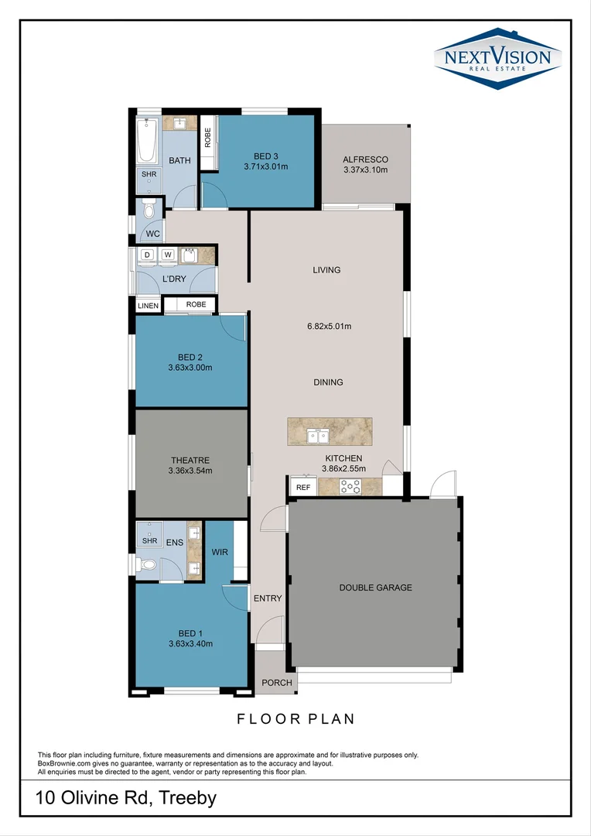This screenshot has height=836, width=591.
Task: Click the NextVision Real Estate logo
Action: tap(497, 59)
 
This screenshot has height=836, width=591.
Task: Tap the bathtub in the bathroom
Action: tap(147, 141)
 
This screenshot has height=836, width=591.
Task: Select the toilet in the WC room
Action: tap(149, 210)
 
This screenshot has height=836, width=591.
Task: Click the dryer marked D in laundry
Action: tap(147, 256)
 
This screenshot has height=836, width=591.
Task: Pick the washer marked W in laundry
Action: tap(168, 256)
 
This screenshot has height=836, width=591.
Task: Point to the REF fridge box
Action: tap(303, 487)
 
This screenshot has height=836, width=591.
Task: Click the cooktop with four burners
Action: tap(350, 486)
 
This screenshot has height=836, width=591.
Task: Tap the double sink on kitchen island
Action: tap(317, 436)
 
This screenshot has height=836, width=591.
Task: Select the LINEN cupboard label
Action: tap(148, 306)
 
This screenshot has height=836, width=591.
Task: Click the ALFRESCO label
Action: tap(366, 159)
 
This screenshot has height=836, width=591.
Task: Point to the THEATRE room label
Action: tap(190, 460)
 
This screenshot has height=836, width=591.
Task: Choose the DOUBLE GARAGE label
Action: tap(376, 588)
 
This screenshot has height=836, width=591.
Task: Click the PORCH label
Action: tap(277, 683)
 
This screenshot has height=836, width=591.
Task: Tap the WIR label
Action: tap(220, 552)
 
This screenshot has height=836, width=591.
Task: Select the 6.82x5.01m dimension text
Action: tap(329, 327)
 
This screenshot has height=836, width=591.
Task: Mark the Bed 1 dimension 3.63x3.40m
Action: tap(190, 643)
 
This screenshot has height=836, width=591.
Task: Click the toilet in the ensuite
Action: tap(146, 564)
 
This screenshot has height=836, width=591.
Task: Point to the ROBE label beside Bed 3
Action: tap(207, 138)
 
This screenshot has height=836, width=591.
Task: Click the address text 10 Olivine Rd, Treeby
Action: tap(126, 798)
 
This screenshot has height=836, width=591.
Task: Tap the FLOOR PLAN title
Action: tap(295, 718)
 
